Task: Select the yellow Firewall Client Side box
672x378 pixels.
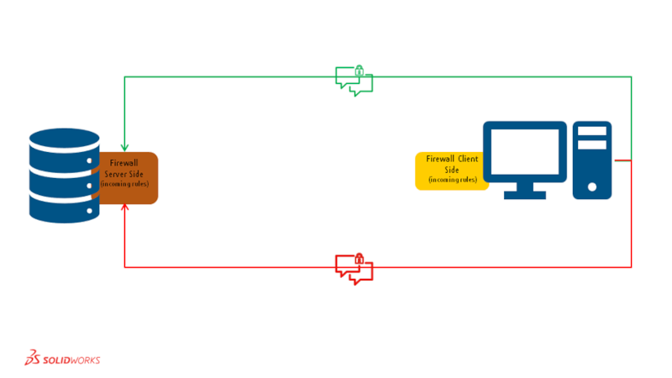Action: pyautogui.click(x=452, y=171)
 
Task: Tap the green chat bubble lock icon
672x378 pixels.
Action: pyautogui.click(x=354, y=79)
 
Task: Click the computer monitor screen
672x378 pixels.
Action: pyautogui.click(x=524, y=152)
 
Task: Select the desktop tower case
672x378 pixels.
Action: pyautogui.click(x=591, y=160)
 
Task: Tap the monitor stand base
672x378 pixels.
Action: pyautogui.click(x=524, y=195)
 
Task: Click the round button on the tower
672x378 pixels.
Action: pyautogui.click(x=591, y=186)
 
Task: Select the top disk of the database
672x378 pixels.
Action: pyautogui.click(x=64, y=143)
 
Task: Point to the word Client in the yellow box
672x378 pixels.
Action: pyautogui.click(x=465, y=158)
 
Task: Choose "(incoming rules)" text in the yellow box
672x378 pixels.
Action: pyautogui.click(x=452, y=180)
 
